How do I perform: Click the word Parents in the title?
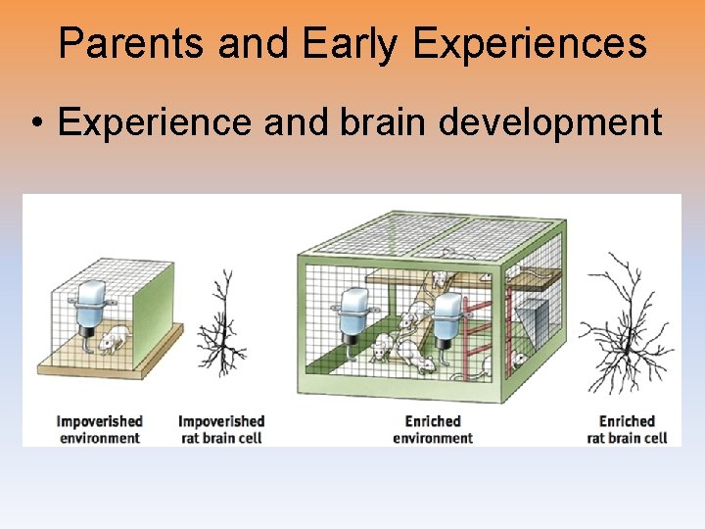tap(131, 44)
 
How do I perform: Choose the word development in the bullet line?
tap(554, 124)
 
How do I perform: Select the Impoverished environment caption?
tap(99, 429)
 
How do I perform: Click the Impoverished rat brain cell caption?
tap(221, 429)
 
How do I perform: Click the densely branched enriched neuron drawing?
tap(624, 323)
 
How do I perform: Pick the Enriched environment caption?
tap(432, 429)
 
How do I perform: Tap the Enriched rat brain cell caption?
tap(627, 429)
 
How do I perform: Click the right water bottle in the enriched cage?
tap(449, 318)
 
